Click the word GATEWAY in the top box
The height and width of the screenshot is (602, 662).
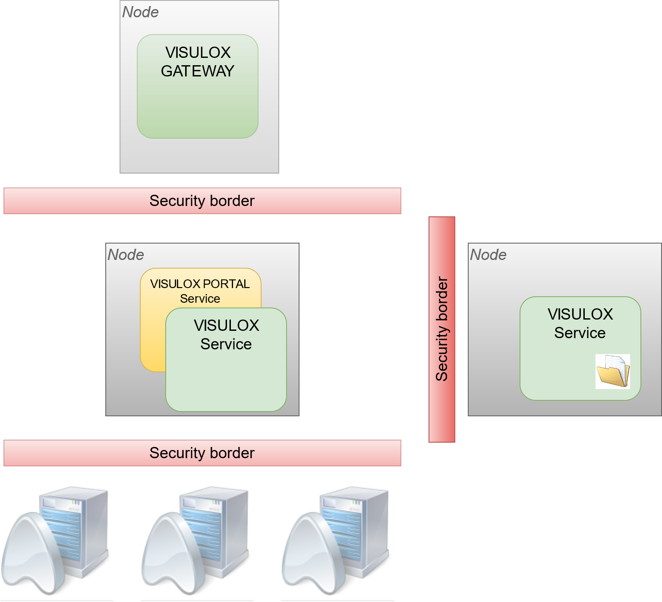(x=198, y=71)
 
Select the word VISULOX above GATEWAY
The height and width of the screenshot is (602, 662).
(x=198, y=53)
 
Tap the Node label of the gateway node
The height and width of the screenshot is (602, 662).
(x=140, y=12)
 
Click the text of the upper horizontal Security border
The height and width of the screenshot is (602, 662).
(x=202, y=201)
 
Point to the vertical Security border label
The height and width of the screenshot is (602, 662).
(x=441, y=329)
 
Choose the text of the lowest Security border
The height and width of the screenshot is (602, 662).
(x=202, y=453)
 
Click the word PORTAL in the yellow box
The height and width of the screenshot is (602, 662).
(x=226, y=284)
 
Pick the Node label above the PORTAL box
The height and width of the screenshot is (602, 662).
(x=126, y=255)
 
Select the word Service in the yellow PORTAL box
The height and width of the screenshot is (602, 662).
(x=200, y=299)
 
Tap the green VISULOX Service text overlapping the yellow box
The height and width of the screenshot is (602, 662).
(x=226, y=335)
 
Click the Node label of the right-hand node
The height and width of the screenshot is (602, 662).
(x=488, y=255)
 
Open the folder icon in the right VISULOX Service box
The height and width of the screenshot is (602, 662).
(x=613, y=371)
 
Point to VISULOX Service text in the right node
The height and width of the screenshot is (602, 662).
(x=580, y=323)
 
